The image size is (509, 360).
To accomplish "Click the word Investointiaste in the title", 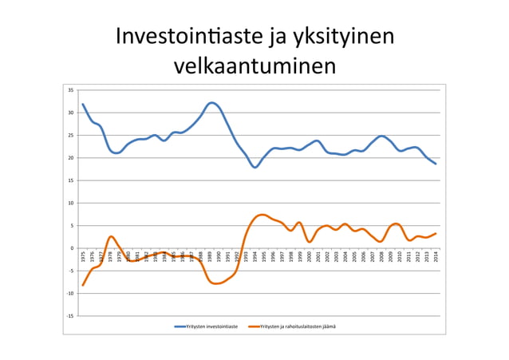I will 185,38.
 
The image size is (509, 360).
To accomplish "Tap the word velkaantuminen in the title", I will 254,66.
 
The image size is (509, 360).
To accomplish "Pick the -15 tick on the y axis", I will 71,316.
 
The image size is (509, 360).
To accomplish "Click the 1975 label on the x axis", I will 83,256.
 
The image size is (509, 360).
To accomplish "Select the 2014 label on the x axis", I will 436,256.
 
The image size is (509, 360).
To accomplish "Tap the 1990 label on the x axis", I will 219,256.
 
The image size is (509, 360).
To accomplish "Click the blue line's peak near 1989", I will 211,102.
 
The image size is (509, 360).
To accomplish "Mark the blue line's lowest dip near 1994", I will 254,167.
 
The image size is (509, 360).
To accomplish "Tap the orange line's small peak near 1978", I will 111,236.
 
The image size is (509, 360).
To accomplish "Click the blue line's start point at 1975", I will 82,104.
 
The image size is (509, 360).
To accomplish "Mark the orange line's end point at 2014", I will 436,234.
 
